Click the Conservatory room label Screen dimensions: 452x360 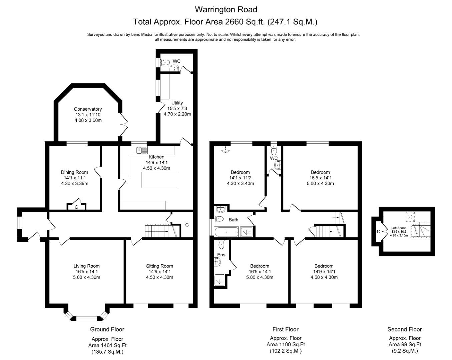click(x=88, y=109)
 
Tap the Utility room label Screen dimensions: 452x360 click(x=177, y=103)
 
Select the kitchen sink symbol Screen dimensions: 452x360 click(x=142, y=150)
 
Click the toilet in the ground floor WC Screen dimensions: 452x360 click(x=165, y=62)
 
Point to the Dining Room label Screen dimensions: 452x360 click(x=74, y=172)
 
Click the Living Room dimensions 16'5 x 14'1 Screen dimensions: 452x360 click(x=86, y=271)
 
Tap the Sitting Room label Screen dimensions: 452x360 click(x=159, y=266)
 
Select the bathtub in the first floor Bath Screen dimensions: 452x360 click(x=227, y=232)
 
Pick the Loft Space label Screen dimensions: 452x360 click(x=399, y=228)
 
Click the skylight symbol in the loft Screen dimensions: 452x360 click(x=410, y=217)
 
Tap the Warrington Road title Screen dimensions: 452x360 click(x=226, y=9)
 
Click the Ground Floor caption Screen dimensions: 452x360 click(x=107, y=329)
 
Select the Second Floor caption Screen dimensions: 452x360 click(x=405, y=329)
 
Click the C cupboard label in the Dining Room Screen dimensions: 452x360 click(x=76, y=207)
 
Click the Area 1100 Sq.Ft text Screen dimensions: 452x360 click(x=286, y=344)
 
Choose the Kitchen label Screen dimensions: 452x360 click(x=156, y=157)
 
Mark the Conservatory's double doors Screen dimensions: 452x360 click(x=124, y=125)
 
